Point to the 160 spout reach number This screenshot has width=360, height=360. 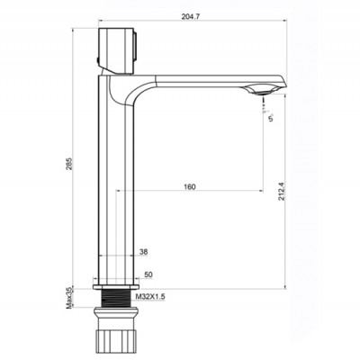pyautogui.click(x=188, y=188)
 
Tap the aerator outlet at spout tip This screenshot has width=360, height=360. pyautogui.click(x=258, y=91)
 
